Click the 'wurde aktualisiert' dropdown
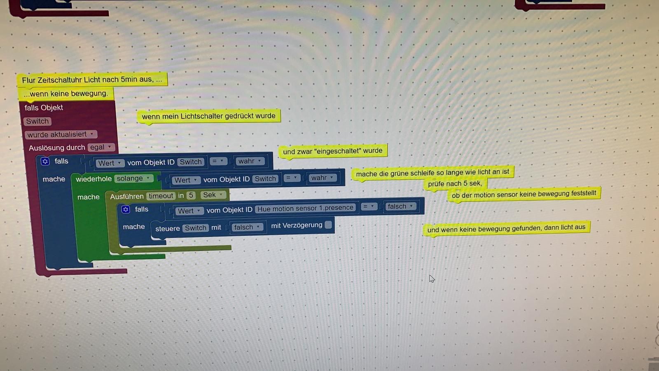tap(61, 134)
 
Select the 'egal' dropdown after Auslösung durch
tap(101, 147)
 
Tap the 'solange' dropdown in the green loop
tap(133, 178)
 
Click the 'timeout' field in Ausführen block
tap(161, 196)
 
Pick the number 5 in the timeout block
tap(191, 195)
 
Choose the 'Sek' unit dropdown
tap(213, 195)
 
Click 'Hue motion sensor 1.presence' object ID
tap(305, 208)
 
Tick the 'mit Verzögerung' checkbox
tap(328, 225)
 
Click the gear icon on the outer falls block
tap(45, 161)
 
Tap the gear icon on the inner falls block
tap(126, 209)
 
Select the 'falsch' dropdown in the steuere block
tap(247, 227)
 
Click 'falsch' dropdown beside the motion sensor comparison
tap(400, 207)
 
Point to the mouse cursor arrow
tap(432, 279)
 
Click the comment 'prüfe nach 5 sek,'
tap(455, 184)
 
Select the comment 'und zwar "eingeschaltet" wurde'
tap(333, 151)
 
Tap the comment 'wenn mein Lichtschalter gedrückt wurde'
tap(208, 116)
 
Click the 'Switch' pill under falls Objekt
tap(37, 121)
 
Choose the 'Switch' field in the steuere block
tap(196, 228)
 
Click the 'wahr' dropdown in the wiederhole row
tap(322, 178)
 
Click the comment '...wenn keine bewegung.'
tap(66, 94)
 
